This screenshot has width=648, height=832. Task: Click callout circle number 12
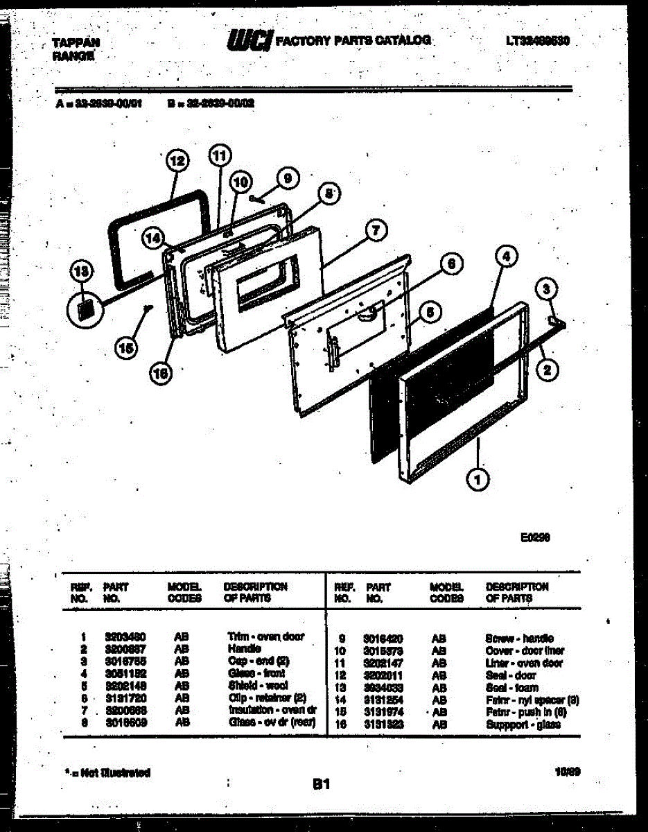[178, 162]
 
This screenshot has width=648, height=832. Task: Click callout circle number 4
[507, 257]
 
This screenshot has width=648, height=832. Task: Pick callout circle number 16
[161, 374]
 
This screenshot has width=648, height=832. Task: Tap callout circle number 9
[287, 178]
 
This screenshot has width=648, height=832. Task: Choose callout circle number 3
[547, 288]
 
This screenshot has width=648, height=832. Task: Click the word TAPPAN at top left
[76, 43]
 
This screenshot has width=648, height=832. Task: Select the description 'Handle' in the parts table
[244, 649]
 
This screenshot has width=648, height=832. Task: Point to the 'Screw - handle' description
[520, 638]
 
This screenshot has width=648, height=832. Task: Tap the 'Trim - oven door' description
[265, 636]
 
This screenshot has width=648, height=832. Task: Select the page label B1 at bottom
[320, 785]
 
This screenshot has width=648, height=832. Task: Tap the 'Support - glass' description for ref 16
[523, 725]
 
